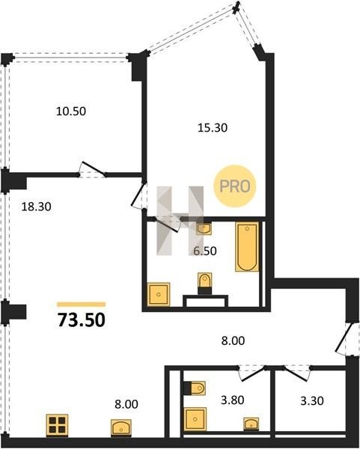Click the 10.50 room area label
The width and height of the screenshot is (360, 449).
[71, 111]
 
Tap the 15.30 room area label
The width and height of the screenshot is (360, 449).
[213, 127]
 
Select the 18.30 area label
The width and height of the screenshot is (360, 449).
[37, 207]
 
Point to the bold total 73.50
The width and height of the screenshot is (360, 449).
[82, 320]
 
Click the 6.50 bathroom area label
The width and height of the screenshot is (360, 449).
[205, 251]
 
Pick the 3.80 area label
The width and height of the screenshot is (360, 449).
[233, 400]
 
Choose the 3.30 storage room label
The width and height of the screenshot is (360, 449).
[312, 400]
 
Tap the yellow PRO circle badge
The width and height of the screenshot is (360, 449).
[234, 186]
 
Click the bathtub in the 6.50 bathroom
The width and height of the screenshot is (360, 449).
[247, 246]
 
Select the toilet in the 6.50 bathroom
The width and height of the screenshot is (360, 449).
[205, 283]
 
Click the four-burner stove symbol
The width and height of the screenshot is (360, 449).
[58, 425]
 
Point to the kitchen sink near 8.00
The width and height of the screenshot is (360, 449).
[121, 428]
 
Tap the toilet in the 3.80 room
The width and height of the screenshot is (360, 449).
[195, 388]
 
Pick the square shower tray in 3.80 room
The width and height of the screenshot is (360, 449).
[195, 419]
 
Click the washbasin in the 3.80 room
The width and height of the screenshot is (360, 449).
[251, 424]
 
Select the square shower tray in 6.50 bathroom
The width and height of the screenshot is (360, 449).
[159, 294]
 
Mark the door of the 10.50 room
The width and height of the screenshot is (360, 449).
[92, 169]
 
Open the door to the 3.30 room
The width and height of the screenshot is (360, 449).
[297, 373]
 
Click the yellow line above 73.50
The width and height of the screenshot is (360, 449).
[82, 305]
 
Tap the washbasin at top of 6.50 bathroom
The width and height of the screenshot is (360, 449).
[204, 229]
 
